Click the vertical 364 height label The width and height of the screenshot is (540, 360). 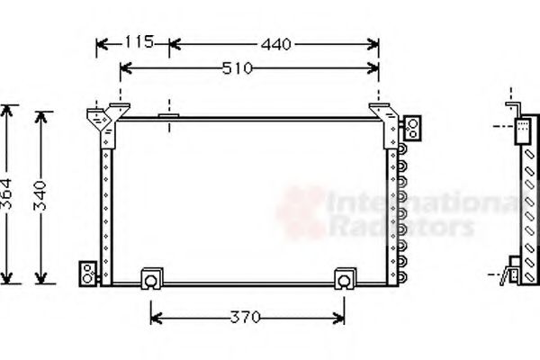click(8, 194)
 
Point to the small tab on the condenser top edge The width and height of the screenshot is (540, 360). click(168, 114)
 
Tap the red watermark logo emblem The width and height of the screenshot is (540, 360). click(302, 211)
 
